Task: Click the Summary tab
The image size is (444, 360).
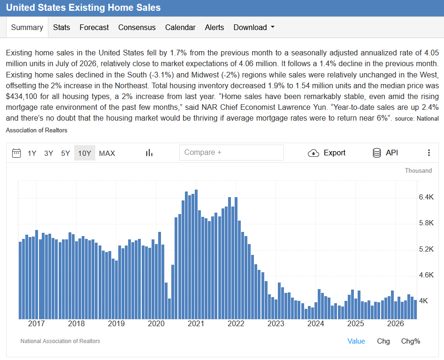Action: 27,27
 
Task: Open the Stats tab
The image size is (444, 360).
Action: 61,27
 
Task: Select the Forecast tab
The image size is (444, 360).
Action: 94,27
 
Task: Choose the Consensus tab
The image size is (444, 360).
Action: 137,27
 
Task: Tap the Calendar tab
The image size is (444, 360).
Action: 180,27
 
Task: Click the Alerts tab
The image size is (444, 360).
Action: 214,27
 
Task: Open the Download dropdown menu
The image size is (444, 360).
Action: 254,27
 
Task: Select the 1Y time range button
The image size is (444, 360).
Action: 32,153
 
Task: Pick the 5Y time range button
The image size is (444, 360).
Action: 65,153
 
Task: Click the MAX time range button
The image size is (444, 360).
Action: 107,153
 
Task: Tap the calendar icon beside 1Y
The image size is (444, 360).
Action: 16,153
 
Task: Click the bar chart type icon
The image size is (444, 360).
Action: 149,153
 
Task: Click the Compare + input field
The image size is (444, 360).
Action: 231,153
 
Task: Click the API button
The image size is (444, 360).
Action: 385,153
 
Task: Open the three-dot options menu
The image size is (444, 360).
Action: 429,153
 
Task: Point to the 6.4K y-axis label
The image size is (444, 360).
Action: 426,197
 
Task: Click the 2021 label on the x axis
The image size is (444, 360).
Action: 196,323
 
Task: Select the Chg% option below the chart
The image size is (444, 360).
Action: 411,341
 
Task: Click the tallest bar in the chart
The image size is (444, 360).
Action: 196,254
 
